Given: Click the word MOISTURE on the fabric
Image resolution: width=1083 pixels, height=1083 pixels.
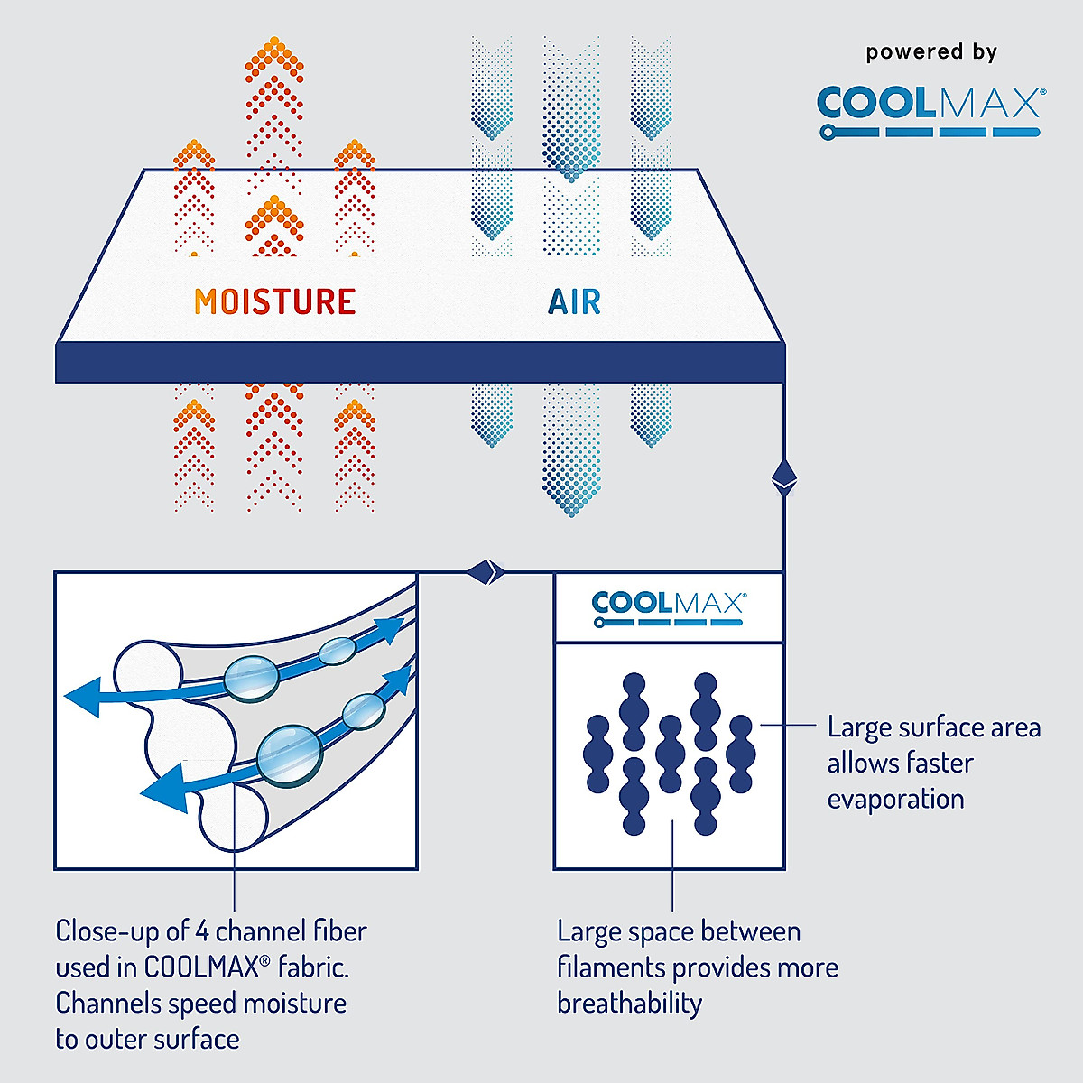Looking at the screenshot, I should pyautogui.click(x=275, y=301).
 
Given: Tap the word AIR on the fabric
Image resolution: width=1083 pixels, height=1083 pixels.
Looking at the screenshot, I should pyautogui.click(x=574, y=301).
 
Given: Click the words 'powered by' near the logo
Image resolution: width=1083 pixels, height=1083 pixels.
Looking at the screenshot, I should pyautogui.click(x=931, y=52).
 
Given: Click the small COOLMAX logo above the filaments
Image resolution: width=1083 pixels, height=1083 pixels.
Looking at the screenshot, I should pyautogui.click(x=668, y=607).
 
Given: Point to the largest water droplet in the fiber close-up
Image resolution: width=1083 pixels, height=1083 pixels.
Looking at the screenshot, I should pyautogui.click(x=289, y=754).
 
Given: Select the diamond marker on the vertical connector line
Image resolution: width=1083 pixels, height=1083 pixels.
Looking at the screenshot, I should pyautogui.click(x=783, y=477).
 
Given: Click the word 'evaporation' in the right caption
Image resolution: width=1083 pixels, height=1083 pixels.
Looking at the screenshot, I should pyautogui.click(x=895, y=800).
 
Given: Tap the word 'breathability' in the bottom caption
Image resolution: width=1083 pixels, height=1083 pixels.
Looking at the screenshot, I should pyautogui.click(x=629, y=1004).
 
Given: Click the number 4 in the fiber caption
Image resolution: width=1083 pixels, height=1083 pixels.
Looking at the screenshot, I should pyautogui.click(x=202, y=931).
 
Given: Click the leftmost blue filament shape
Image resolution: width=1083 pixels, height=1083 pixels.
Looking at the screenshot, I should pyautogui.click(x=598, y=754).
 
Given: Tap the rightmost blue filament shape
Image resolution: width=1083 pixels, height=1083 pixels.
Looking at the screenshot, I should pyautogui.click(x=741, y=754).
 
